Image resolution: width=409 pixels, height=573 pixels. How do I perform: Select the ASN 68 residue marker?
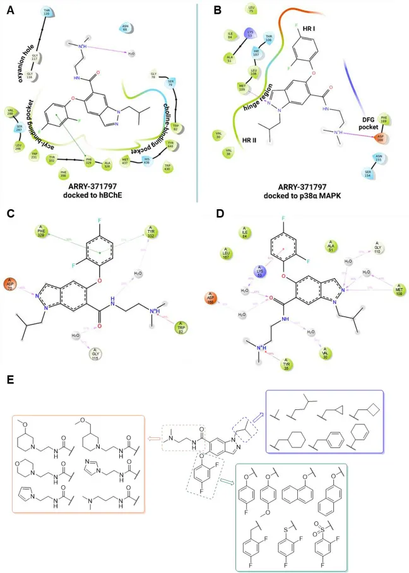tap(126, 27)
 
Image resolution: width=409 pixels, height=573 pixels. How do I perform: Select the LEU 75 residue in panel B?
tap(251, 9)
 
